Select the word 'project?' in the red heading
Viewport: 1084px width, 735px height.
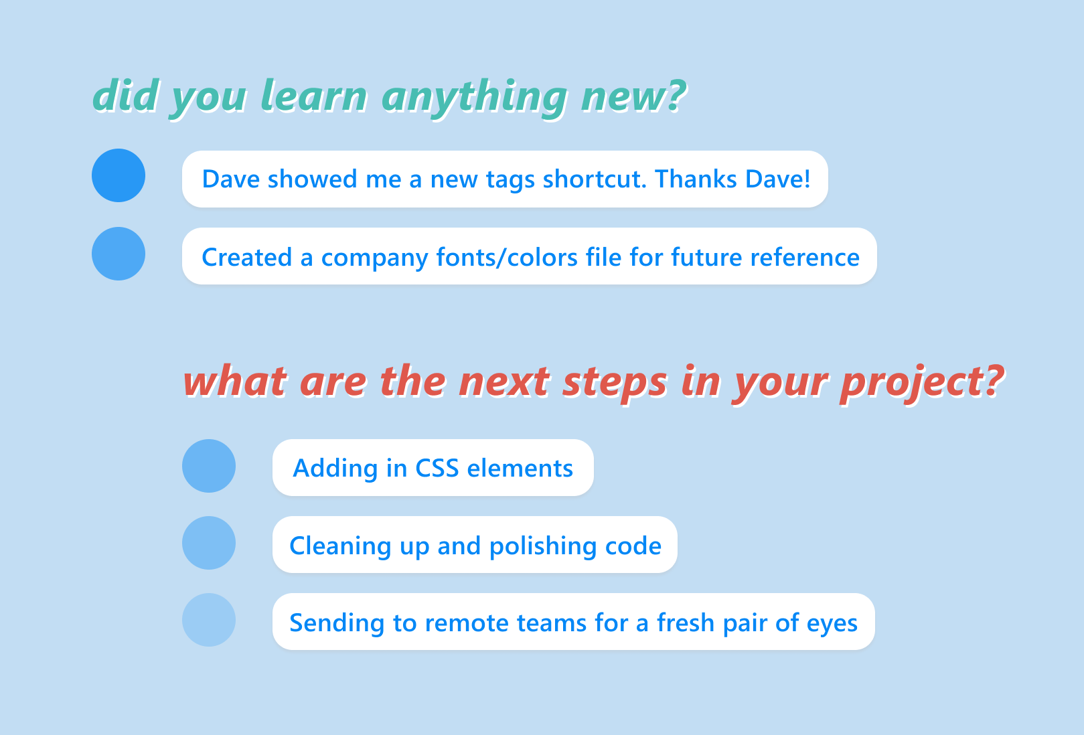923,384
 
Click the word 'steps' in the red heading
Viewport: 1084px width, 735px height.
615,384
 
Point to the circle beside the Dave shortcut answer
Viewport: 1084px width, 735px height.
119,175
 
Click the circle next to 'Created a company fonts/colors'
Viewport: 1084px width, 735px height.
119,254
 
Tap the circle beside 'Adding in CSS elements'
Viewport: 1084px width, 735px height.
209,466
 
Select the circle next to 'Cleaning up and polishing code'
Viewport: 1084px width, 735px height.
209,543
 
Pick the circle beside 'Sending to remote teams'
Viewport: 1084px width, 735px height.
209,620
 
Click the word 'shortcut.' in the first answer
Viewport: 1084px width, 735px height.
595,179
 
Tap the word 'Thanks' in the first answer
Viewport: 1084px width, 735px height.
696,179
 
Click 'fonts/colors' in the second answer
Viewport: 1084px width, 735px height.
507,257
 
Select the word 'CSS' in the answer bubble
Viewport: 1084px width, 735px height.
437,469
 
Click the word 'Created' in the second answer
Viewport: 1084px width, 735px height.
247,257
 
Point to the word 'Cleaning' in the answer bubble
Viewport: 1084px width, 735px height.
340,547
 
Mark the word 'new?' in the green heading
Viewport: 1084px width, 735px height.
634,95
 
